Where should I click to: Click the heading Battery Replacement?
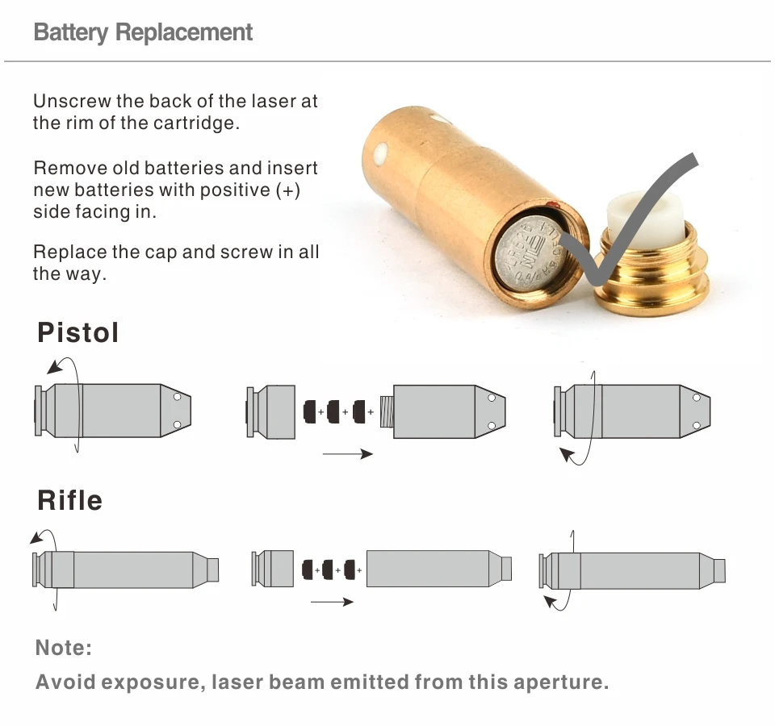[x=143, y=33]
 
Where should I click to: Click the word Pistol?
[x=78, y=332]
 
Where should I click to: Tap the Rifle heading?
[x=69, y=500]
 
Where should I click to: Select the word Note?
[x=64, y=648]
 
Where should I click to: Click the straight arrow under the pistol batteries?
[x=347, y=454]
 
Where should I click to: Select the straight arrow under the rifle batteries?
[x=332, y=602]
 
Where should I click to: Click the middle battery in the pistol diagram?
[x=333, y=411]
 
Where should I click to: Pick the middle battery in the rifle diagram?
[x=329, y=570]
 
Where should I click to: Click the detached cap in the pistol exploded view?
[x=271, y=411]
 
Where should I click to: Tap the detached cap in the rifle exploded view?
[x=272, y=568]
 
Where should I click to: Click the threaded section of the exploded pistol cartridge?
[x=386, y=411]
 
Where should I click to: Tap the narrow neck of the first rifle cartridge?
[x=213, y=569]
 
